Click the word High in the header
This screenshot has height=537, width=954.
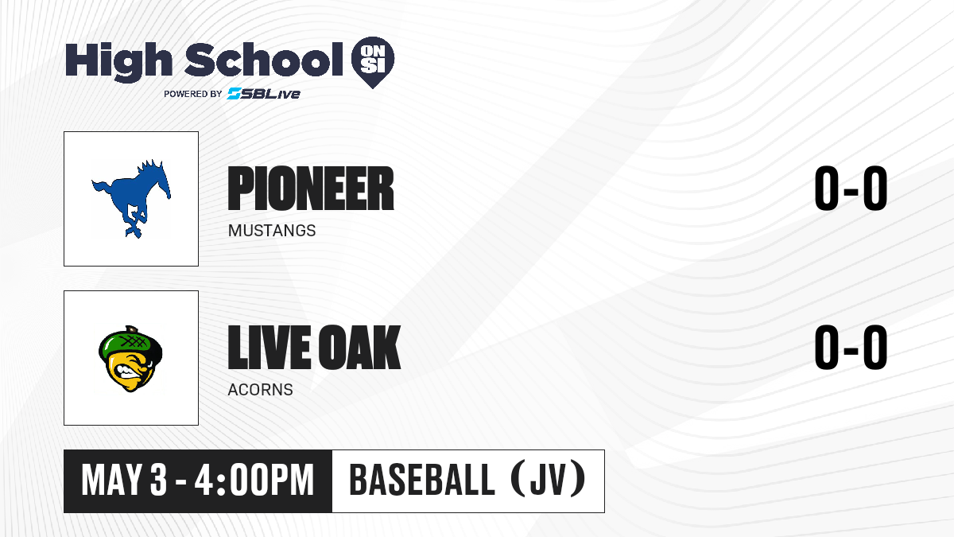pos(119,62)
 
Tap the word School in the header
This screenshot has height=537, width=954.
pos(264,60)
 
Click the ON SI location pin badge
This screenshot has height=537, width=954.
pos(373,62)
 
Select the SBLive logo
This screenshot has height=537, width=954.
pos(264,94)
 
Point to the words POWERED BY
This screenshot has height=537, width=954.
pos(193,94)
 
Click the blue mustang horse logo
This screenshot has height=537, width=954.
pos(131,199)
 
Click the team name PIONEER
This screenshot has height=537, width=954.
pos(311,189)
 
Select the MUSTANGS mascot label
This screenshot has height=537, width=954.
pos(272,231)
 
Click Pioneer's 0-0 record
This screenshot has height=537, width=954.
pos(851,189)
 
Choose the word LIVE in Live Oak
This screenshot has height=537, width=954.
pos(270,347)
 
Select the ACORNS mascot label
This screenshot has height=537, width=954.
pos(260,390)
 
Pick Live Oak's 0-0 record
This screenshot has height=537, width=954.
pos(851,348)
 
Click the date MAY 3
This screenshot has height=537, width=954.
pos(124,481)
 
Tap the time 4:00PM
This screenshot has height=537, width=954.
pos(254,481)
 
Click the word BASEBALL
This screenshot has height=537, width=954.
pos(421,481)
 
